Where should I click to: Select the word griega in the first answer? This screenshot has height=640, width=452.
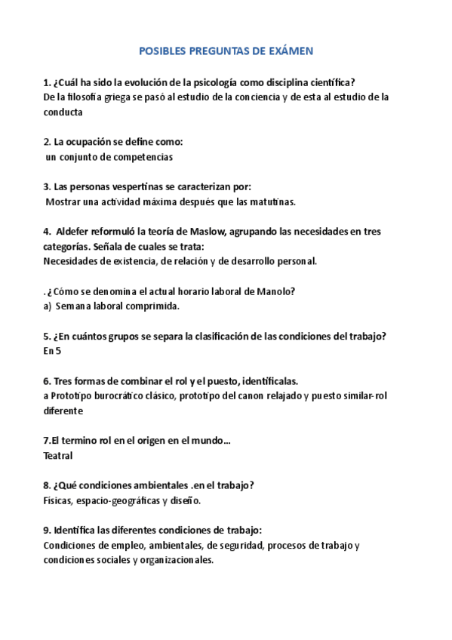click(131, 97)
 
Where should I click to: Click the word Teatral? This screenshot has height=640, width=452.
click(59, 456)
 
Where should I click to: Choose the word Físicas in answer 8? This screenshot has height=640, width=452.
click(59, 500)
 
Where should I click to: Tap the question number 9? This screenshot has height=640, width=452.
click(47, 530)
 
